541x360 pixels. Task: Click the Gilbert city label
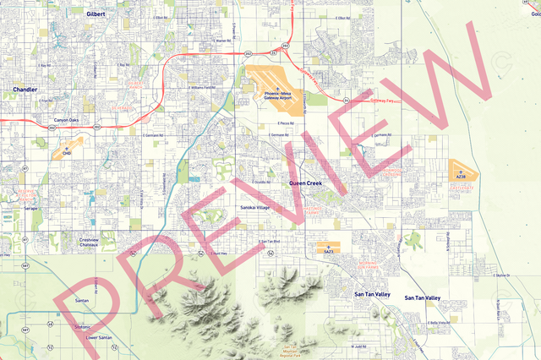[96, 14]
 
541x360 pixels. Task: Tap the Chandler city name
[25, 88]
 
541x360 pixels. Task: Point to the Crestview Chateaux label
[90, 243]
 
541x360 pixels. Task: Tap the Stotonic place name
[83, 325]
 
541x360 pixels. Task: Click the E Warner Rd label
[221, 40]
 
